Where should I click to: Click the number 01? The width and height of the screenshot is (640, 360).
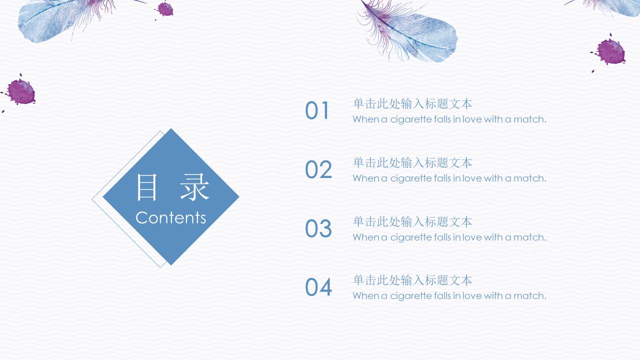point(317,111)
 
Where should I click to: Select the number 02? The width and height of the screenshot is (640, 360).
point(318,170)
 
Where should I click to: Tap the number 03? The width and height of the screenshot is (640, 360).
point(318,229)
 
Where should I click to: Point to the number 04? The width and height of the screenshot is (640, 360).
point(318,287)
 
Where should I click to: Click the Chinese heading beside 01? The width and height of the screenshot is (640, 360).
point(412,104)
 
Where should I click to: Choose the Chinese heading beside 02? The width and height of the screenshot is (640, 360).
point(412,163)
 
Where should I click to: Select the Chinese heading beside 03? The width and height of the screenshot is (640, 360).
point(412,221)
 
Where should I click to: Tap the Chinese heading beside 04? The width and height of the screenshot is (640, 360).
point(412,280)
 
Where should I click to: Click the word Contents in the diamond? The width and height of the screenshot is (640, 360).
point(170,218)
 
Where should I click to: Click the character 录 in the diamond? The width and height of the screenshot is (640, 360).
point(194,188)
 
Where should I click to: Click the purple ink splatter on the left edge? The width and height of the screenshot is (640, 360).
point(20,92)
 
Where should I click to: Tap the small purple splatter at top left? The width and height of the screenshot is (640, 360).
point(164,9)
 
